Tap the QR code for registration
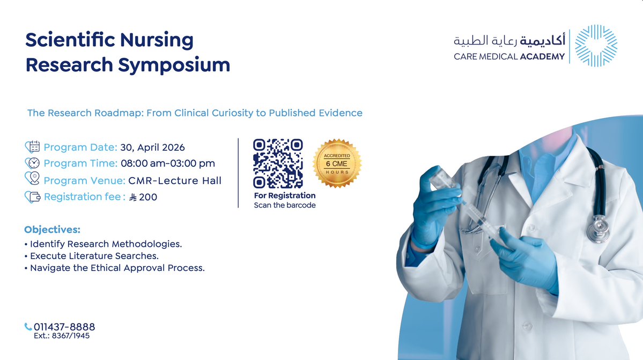click(x=278, y=163)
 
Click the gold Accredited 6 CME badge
click(x=337, y=163)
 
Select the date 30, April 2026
click(x=152, y=148)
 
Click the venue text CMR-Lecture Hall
click(x=175, y=181)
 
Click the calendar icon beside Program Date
click(x=34, y=147)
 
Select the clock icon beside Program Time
click(x=33, y=163)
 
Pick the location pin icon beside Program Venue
click(x=33, y=179)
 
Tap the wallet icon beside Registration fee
click(x=33, y=197)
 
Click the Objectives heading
click(x=52, y=230)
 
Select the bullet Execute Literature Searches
click(x=94, y=256)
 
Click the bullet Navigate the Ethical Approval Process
click(x=117, y=268)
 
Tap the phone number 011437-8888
click(x=64, y=327)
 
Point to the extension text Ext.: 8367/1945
click(x=62, y=336)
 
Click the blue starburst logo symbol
click(x=596, y=46)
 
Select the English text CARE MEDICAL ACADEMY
click(x=509, y=56)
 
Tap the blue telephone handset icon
click(x=28, y=327)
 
